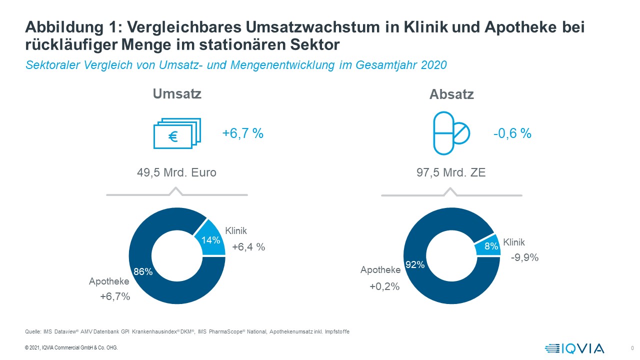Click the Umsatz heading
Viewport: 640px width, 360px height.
point(177,93)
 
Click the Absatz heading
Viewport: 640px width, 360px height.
point(451,94)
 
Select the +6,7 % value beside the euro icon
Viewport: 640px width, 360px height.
point(242,133)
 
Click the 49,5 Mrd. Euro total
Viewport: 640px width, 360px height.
point(177,173)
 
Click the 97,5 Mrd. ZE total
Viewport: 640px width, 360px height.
point(451,173)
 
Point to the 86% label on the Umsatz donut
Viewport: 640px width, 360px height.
point(142,271)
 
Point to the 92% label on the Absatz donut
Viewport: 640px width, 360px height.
point(415,264)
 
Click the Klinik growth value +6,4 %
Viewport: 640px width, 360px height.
point(248,246)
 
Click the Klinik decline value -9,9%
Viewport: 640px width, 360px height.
point(524,257)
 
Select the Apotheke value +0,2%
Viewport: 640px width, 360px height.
point(384,286)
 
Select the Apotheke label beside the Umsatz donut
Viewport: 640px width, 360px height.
point(109,281)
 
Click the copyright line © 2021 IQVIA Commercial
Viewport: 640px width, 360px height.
point(71,348)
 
